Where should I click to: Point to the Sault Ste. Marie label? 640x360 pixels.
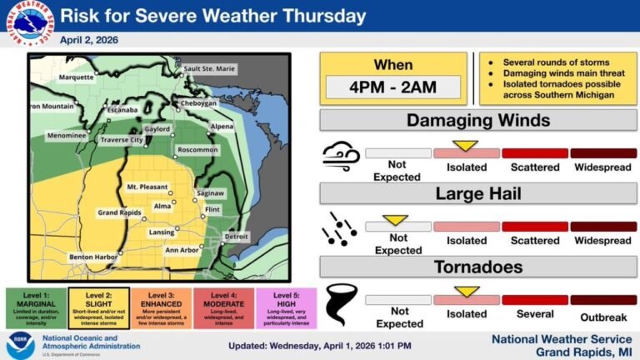[208, 68]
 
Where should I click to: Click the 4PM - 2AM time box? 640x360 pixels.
[392, 86]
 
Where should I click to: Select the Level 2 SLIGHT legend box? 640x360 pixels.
[98, 310]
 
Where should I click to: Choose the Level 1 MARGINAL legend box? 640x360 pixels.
[36, 310]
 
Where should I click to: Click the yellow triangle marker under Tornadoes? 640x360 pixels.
[466, 292]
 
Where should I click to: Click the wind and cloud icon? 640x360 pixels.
[341, 154]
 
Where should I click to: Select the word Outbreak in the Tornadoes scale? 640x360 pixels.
[602, 317]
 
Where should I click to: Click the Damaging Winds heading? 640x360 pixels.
[477, 121]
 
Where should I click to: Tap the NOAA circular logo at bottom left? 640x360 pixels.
[20, 344]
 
